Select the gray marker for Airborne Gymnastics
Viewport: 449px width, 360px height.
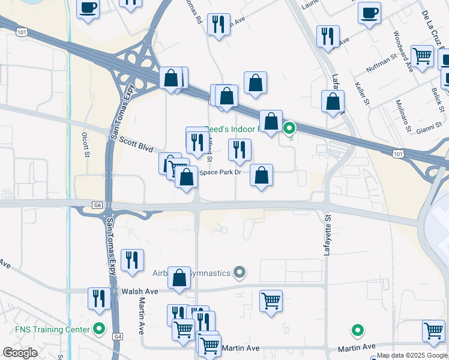[x=240, y=273]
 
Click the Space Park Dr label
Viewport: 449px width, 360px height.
[x=220, y=173]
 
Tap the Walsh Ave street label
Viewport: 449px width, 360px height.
[x=139, y=292]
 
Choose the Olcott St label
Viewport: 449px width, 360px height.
[x=86, y=145]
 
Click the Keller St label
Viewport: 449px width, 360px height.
[x=361, y=94]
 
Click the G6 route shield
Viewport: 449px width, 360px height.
[x=97, y=205]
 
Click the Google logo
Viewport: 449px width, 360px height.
[x=20, y=353]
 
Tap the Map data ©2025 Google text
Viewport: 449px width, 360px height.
[x=412, y=355]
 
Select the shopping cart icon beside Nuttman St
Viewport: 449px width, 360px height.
[x=423, y=56]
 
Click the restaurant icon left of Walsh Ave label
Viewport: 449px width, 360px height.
[x=99, y=298]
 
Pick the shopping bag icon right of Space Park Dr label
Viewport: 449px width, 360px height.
[x=261, y=175]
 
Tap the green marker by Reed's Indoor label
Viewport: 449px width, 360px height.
[x=289, y=128]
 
